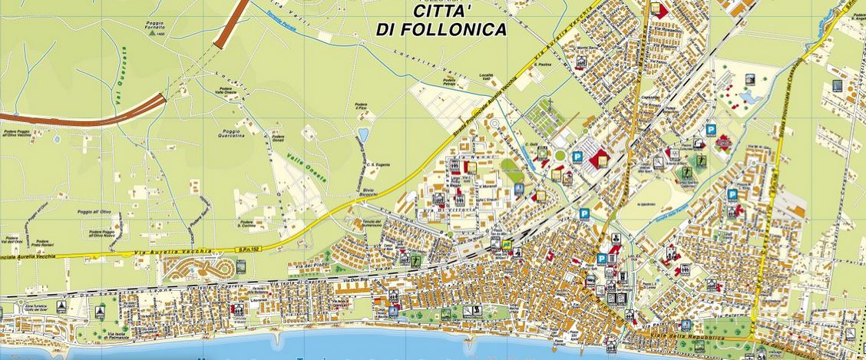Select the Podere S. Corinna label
click(246, 224)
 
